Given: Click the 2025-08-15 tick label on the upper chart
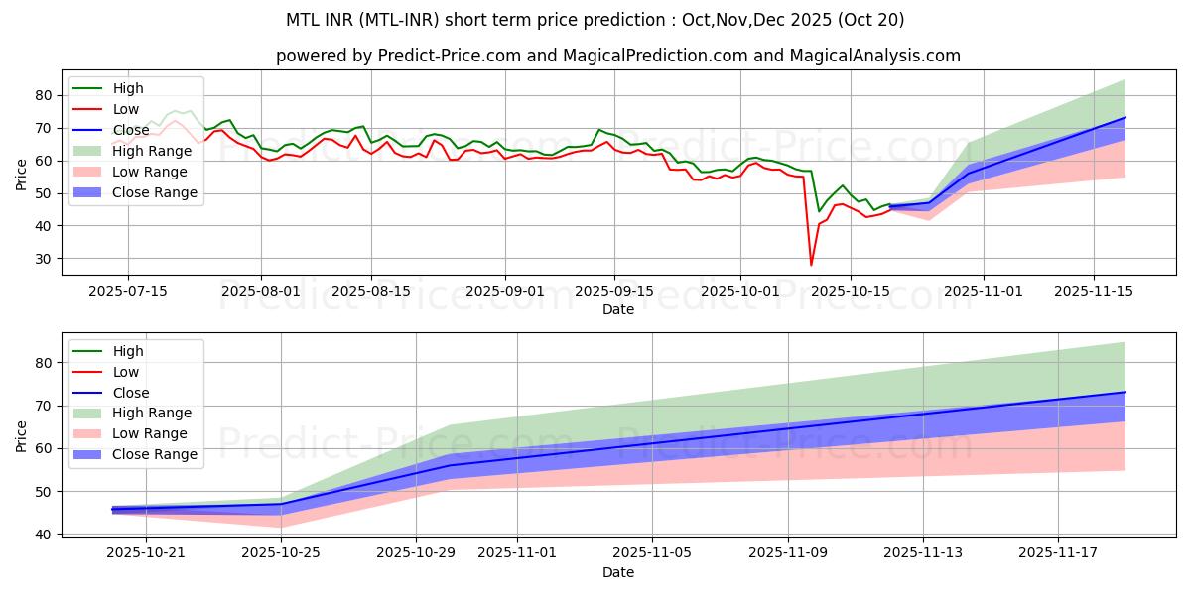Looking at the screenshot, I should pyautogui.click(x=371, y=291).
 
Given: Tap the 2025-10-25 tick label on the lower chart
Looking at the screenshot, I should pyautogui.click(x=281, y=552).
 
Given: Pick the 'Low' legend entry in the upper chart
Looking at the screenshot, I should pyautogui.click(x=126, y=109).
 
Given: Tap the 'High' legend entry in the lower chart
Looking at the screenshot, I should pyautogui.click(x=127, y=351).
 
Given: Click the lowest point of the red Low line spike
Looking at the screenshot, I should pyautogui.click(x=811, y=265).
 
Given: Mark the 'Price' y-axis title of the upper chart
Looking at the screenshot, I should pyautogui.click(x=22, y=172).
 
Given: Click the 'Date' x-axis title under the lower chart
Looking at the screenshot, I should pyautogui.click(x=617, y=572).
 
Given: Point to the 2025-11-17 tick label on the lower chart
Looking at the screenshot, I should pyautogui.click(x=1058, y=552).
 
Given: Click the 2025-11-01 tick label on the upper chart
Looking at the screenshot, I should pyautogui.click(x=983, y=291).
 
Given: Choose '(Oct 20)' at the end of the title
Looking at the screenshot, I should pyautogui.click(x=868, y=20).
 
